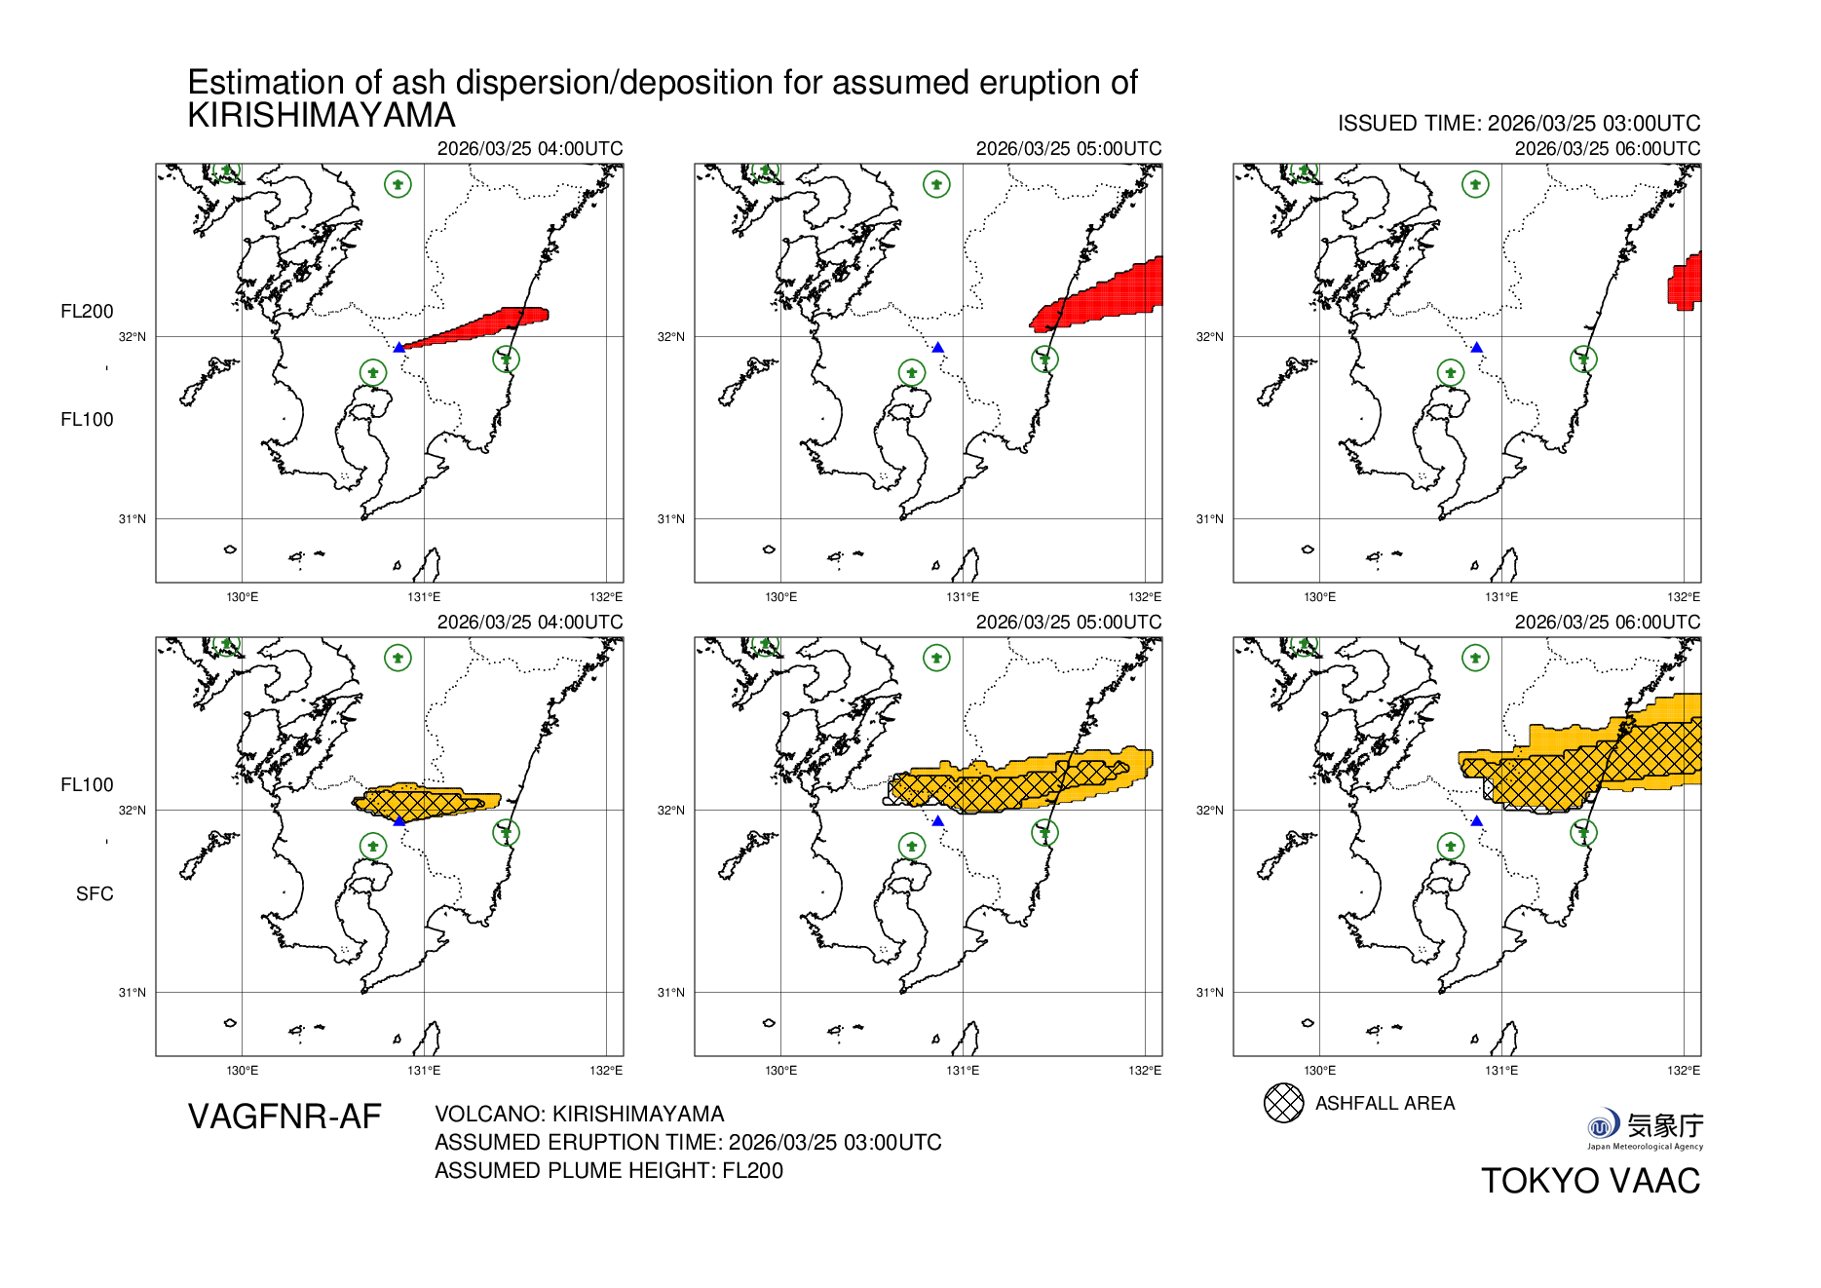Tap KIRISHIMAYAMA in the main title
[322, 116]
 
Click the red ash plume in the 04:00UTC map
[487, 323]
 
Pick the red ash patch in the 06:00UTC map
[1687, 283]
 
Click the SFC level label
[95, 893]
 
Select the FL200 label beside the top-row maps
[87, 312]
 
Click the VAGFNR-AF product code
[285, 1117]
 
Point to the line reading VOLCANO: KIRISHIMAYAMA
[579, 1114]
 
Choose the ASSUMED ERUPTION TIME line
[688, 1142]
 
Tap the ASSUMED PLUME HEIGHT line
[608, 1170]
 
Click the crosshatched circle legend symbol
[1283, 1103]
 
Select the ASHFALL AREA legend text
[1385, 1103]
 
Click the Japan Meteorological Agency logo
[1645, 1128]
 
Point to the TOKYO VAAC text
[1590, 1181]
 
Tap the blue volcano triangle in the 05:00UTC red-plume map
[938, 347]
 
